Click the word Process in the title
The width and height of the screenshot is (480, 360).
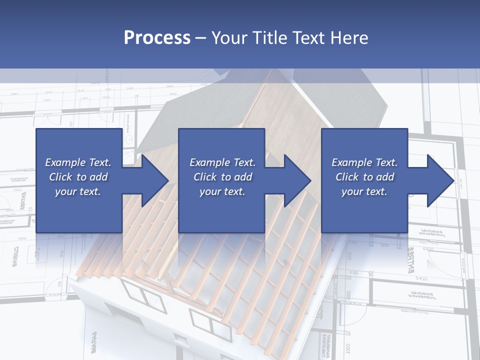(157, 37)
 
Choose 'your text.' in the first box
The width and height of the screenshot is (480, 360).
(78, 191)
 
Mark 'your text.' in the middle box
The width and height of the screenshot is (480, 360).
(222, 191)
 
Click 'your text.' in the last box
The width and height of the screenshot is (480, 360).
(364, 191)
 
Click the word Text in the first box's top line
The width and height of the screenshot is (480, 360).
(99, 162)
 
